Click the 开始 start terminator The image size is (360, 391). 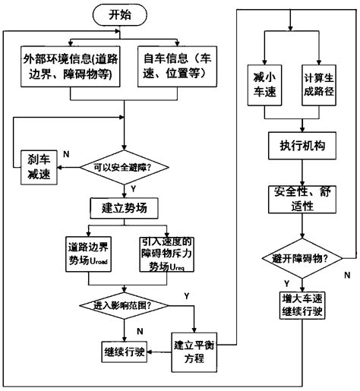pos(118,15)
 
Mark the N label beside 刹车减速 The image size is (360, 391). pos(67,153)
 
